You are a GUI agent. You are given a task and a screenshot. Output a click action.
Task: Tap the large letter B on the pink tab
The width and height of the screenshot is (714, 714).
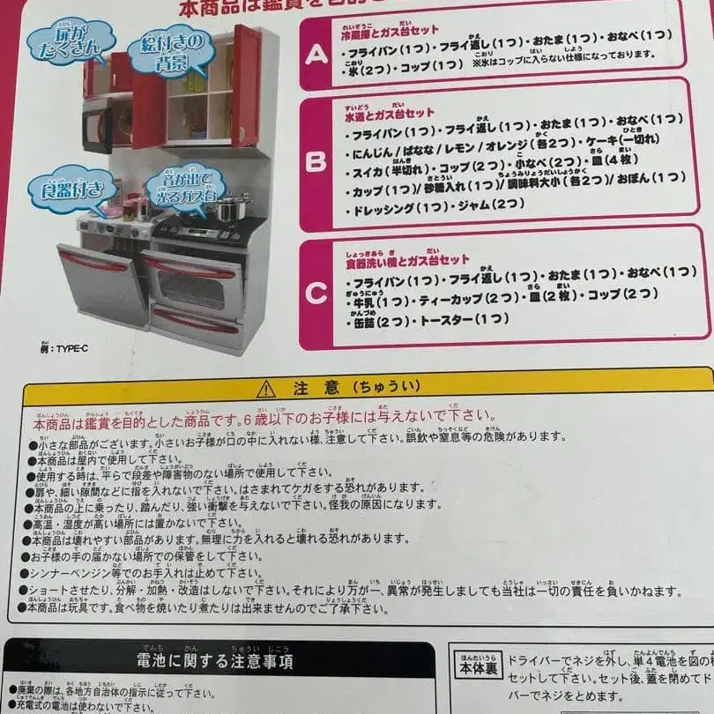tap(317, 162)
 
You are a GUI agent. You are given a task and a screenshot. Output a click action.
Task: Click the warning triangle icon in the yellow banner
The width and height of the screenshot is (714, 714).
tap(266, 388)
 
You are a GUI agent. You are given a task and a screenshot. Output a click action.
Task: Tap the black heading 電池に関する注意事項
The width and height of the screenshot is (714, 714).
tap(215, 660)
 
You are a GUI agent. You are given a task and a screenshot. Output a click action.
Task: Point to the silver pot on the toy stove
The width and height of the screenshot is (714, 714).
tap(231, 210)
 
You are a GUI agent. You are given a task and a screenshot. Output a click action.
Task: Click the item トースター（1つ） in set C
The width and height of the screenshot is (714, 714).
tap(469, 319)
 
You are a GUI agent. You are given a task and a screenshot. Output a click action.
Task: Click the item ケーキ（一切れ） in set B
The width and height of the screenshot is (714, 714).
tap(630, 141)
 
